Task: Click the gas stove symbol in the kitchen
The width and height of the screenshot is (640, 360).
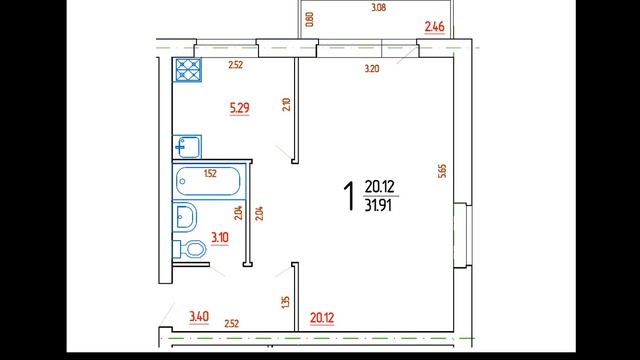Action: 187,69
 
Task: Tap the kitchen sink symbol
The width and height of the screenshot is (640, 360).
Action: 187,147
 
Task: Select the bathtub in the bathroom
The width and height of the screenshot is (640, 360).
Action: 208,181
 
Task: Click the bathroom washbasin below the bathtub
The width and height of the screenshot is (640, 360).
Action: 185,217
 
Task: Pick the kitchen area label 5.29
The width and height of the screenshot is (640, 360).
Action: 240,108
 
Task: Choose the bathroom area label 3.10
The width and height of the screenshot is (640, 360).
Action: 220,238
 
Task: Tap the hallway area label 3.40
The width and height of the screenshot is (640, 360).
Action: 199,317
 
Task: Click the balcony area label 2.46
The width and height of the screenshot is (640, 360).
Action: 434,27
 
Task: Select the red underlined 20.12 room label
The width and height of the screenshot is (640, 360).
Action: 322,318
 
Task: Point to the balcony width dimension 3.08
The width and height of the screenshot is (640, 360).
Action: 378,7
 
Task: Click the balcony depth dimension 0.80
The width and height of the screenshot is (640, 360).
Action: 309,19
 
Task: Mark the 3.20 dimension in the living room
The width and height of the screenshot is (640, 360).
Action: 371,69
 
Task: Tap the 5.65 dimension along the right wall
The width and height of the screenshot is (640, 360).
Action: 442,171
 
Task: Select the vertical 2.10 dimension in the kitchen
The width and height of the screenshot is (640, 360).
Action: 286,104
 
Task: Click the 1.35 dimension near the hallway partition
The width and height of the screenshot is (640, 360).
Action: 285,302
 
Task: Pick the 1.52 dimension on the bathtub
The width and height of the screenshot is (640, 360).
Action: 210,173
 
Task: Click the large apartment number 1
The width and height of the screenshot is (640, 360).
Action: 348,196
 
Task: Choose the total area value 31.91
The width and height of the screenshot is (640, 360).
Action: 378,205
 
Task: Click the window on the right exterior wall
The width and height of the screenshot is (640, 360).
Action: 463,234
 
